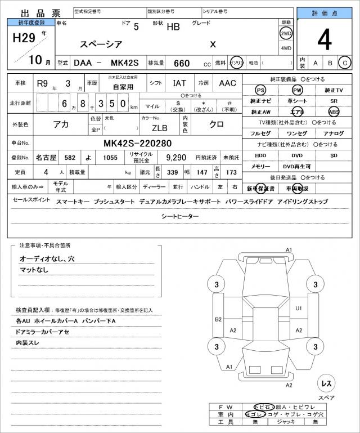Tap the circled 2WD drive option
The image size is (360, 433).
[286, 33]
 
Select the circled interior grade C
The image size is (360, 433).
[345, 63]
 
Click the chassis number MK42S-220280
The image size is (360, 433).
[138, 143]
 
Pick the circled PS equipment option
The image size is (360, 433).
[260, 90]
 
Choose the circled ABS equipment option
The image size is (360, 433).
[334, 111]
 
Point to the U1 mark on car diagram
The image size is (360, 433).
[299, 308]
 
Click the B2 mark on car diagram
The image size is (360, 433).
[218, 319]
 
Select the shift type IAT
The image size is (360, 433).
[179, 83]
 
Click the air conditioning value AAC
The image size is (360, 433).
[227, 83]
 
